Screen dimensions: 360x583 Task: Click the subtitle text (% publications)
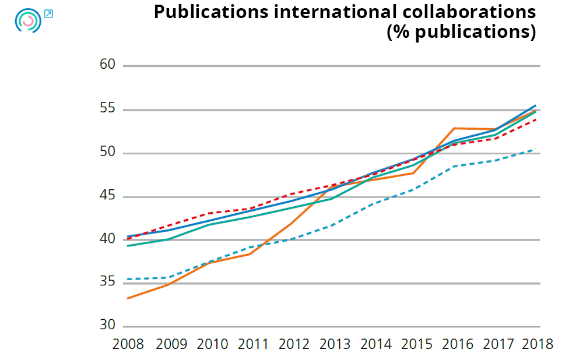(461, 31)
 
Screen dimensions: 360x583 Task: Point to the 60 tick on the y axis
(108, 65)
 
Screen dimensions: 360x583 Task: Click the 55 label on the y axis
(108, 109)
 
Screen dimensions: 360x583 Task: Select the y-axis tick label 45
(108, 196)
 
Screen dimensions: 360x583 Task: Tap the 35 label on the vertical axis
(108, 283)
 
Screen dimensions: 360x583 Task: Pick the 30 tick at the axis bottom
(108, 326)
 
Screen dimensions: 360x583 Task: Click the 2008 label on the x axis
(128, 344)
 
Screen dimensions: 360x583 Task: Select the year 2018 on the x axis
(536, 344)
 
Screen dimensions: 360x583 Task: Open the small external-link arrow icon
(48, 13)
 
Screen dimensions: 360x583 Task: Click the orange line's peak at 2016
(454, 128)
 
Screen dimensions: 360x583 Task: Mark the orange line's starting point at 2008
(128, 298)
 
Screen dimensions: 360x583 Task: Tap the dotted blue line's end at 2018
(535, 149)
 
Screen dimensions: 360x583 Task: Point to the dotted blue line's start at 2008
(128, 279)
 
